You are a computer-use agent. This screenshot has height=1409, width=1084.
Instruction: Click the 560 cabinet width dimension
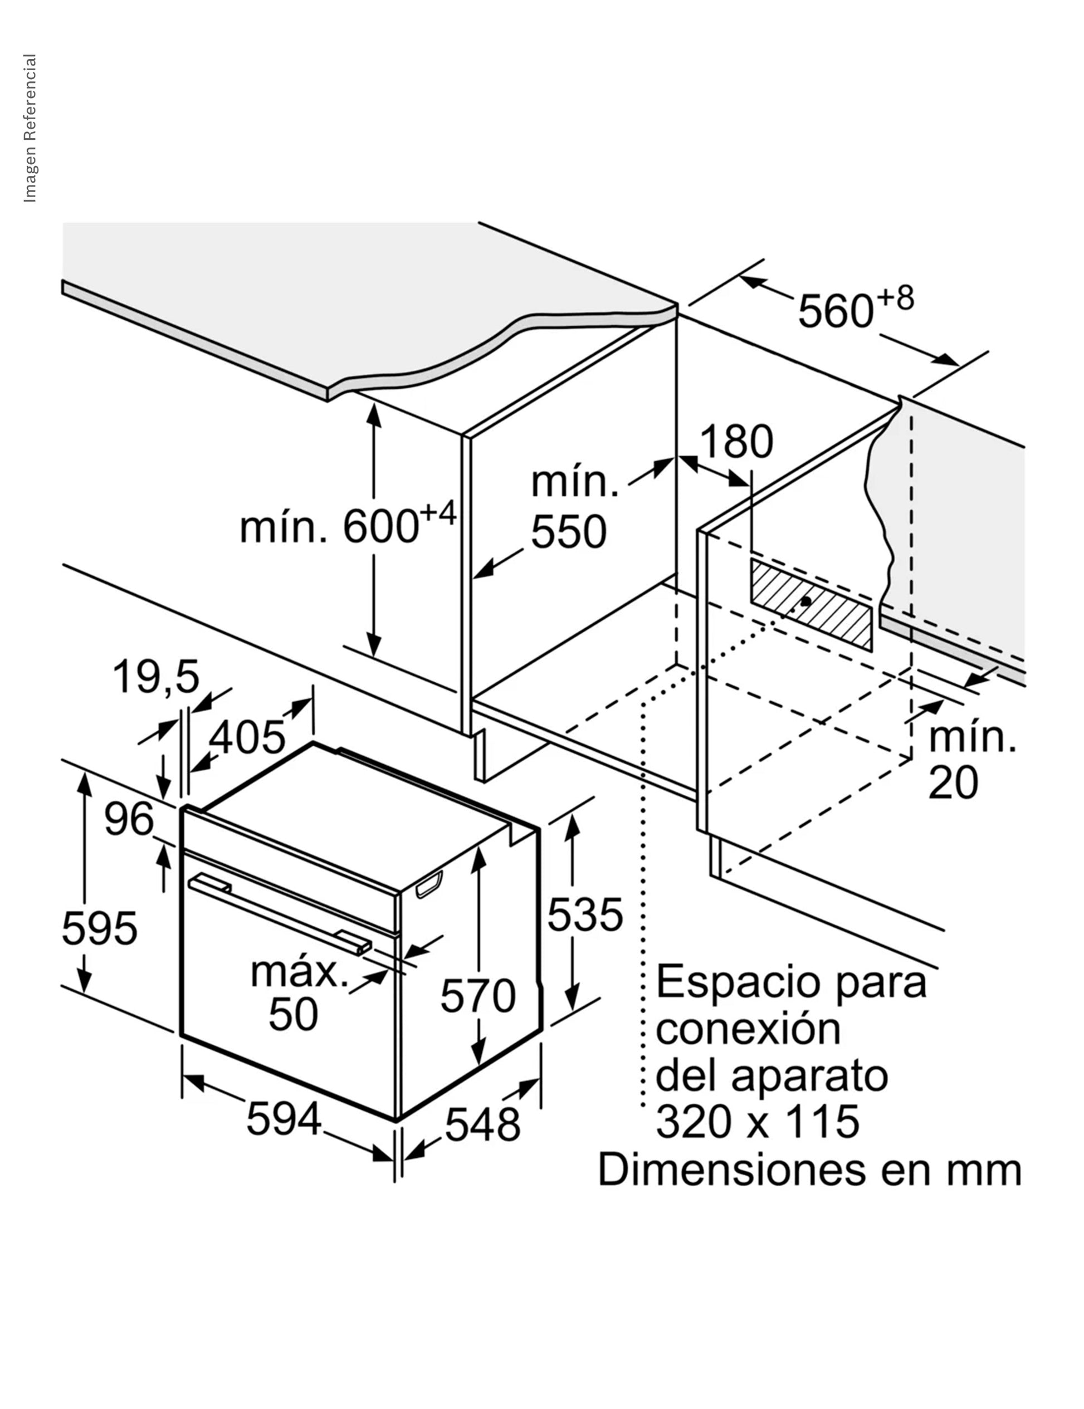tap(856, 309)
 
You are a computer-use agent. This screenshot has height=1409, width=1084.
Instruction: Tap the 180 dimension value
tap(736, 442)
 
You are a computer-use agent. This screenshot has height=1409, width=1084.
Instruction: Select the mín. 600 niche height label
tap(348, 524)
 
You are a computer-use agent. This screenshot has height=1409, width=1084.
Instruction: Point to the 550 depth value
tap(568, 532)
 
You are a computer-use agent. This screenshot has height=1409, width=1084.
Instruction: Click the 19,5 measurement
tap(156, 677)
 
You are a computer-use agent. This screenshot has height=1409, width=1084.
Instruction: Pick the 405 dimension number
tap(247, 737)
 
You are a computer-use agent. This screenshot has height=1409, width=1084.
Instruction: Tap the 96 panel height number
tap(129, 819)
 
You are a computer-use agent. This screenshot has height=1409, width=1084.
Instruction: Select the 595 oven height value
tap(99, 928)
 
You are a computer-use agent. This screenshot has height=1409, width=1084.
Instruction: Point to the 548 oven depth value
tap(482, 1124)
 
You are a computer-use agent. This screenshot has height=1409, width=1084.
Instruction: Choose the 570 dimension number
tap(478, 995)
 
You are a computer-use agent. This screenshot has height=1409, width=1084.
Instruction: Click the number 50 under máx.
tap(294, 1014)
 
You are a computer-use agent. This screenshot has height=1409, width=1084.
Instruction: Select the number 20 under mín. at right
tap(953, 783)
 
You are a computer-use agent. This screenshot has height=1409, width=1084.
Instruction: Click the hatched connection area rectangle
tap(811, 604)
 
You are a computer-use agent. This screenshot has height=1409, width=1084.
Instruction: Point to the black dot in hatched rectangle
tap(805, 600)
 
